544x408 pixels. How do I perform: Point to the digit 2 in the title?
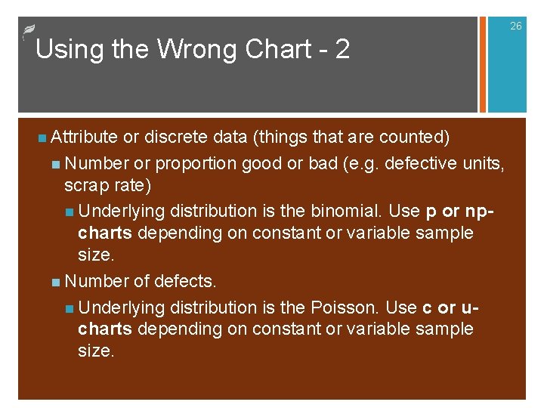(x=342, y=49)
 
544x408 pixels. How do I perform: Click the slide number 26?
(x=515, y=26)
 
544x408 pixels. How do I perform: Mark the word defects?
(x=185, y=281)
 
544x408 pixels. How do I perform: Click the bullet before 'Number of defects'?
(x=57, y=282)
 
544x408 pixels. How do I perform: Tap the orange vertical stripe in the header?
(x=482, y=64)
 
